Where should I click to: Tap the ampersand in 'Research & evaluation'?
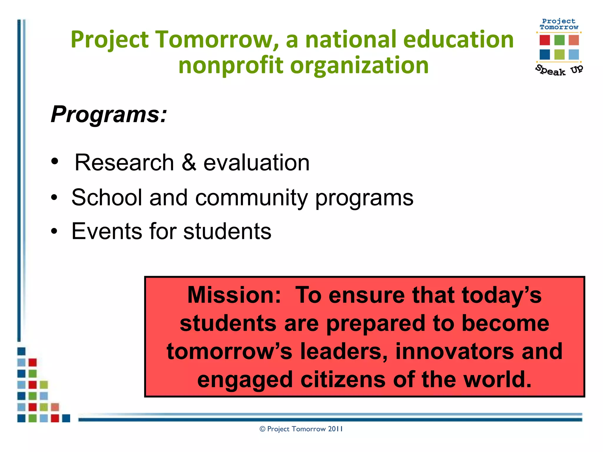pos(189,163)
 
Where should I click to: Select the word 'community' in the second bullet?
pos(251,198)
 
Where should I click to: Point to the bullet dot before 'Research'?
pos(55,162)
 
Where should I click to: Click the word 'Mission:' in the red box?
pos(234,295)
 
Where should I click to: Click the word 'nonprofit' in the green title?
pos(230,65)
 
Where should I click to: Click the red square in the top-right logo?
pos(545,40)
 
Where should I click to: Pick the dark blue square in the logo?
pos(545,54)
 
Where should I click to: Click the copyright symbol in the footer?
pos(262,429)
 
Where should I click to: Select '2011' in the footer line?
pos(335,429)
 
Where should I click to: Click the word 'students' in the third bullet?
pos(227,232)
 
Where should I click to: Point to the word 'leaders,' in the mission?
pos(344,351)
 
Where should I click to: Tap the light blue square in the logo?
pos(574,54)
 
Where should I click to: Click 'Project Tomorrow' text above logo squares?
pos(559,24)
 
